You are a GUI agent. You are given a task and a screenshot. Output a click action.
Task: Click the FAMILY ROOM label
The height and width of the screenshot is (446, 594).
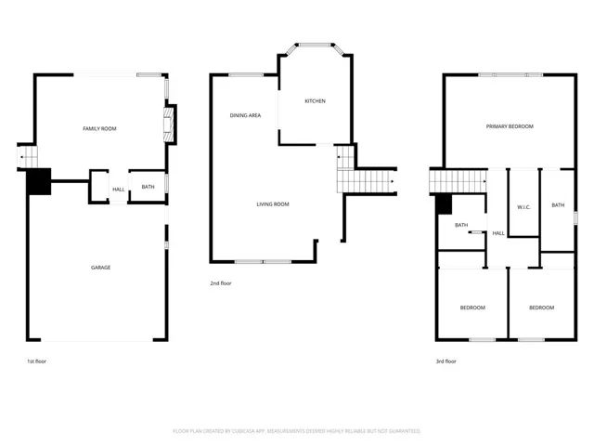100,128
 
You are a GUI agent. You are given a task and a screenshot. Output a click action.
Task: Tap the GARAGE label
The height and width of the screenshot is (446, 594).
100,268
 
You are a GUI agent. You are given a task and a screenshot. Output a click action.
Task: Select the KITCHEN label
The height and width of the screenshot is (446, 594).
315,101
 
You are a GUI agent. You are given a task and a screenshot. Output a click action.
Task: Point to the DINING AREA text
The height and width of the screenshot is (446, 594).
245,115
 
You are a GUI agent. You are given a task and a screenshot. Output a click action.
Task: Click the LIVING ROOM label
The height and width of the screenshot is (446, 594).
273,204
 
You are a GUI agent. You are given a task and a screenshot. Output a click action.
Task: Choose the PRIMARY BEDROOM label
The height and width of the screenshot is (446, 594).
510,126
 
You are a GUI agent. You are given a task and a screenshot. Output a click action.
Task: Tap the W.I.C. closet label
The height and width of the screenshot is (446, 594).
523,205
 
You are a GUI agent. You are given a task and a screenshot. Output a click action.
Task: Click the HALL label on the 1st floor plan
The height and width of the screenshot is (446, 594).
119,190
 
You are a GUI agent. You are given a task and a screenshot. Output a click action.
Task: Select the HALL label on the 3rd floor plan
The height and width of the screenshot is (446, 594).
498,233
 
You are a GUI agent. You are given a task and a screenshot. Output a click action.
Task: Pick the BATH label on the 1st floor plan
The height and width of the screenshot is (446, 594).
148,187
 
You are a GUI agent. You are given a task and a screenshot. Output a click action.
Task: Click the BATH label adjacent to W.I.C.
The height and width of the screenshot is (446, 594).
558,205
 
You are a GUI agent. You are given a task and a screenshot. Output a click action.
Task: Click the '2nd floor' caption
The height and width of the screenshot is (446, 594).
221,283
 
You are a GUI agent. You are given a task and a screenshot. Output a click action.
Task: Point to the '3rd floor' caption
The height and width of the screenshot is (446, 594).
445,361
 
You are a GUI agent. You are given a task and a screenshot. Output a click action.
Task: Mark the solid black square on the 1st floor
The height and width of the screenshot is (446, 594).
38,181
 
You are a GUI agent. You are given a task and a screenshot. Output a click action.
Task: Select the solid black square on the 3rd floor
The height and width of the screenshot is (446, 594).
443,204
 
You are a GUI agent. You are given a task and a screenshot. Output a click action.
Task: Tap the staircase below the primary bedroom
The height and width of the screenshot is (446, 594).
458,181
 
